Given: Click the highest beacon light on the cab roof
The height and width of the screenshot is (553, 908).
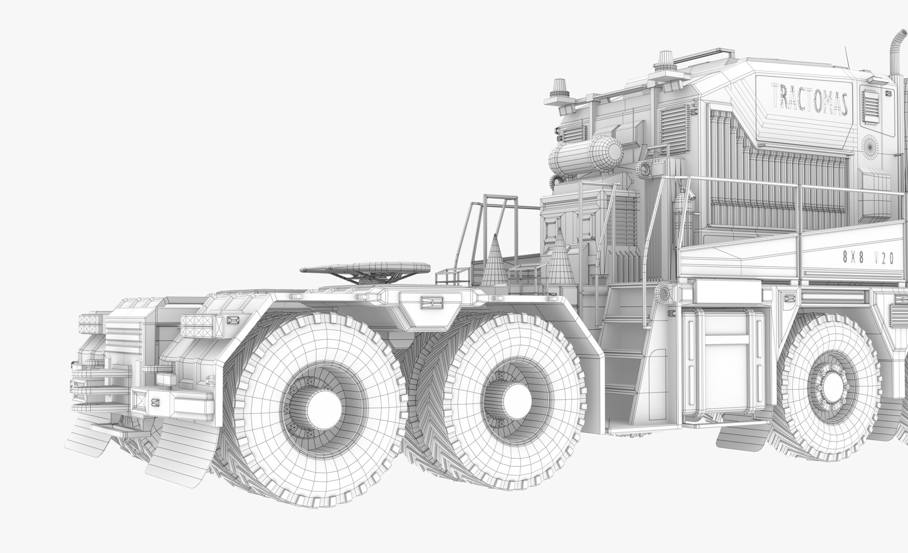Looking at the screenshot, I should pos(665,60).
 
